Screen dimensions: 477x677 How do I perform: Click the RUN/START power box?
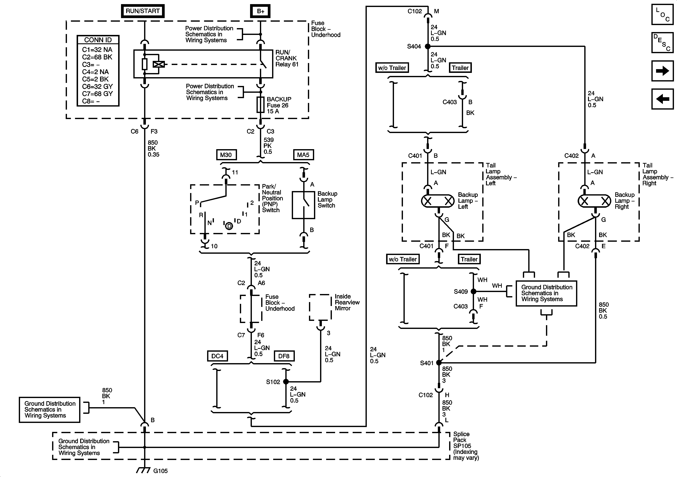pyautogui.click(x=143, y=11)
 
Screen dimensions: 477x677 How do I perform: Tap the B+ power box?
pyautogui.click(x=260, y=11)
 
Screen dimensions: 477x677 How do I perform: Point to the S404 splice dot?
pyautogui.click(x=427, y=46)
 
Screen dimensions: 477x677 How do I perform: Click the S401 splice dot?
pyautogui.click(x=439, y=363)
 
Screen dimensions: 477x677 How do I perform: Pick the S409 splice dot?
pyautogui.click(x=473, y=291)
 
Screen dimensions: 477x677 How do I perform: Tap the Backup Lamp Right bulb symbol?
pyautogui.click(x=594, y=201)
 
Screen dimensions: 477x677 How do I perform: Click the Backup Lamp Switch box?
pyautogui.click(x=303, y=205)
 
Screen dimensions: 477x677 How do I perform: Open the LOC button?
pyautogui.click(x=662, y=14)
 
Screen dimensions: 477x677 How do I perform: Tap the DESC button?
pyautogui.click(x=662, y=42)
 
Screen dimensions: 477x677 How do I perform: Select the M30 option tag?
pyautogui.click(x=226, y=155)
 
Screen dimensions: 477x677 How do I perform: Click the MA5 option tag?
pyautogui.click(x=303, y=155)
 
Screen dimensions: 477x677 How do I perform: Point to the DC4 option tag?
pyautogui.click(x=217, y=356)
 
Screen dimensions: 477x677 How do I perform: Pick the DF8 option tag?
pyautogui.click(x=284, y=356)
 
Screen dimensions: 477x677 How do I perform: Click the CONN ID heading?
pyautogui.click(x=98, y=40)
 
